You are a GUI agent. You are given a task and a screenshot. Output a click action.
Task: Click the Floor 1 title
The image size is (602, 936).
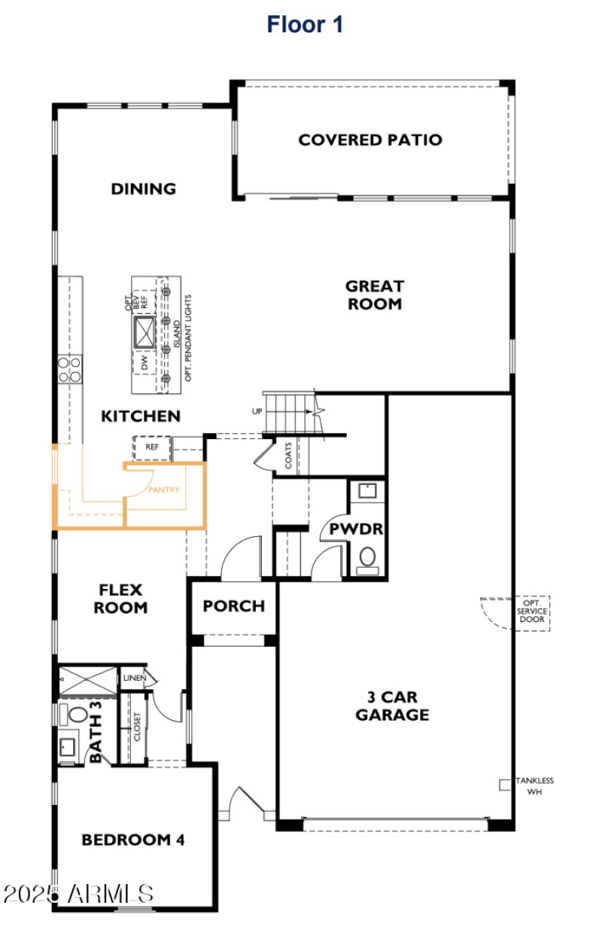click(305, 24)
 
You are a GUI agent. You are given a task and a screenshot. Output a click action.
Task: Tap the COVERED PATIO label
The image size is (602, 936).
click(369, 140)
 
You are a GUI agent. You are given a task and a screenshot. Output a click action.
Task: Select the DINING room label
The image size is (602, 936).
click(143, 188)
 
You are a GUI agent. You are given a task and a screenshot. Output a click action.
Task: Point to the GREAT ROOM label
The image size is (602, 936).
click(374, 295)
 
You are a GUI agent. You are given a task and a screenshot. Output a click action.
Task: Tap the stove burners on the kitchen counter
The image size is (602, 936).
click(69, 369)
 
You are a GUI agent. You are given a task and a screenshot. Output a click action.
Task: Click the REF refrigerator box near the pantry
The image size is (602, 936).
click(153, 447)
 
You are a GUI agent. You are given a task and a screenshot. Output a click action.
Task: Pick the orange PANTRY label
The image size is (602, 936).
click(164, 490)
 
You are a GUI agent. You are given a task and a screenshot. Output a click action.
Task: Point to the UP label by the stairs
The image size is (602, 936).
click(257, 412)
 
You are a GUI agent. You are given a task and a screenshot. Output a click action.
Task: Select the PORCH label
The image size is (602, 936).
click(233, 605)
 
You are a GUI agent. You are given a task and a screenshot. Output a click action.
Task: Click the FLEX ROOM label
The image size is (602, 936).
click(120, 598)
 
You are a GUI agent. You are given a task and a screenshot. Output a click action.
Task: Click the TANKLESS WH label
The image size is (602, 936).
click(534, 786)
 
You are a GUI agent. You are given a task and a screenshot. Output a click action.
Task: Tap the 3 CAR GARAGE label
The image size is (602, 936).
click(392, 706)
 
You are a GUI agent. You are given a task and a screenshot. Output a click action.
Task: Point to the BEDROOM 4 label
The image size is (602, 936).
click(133, 840)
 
